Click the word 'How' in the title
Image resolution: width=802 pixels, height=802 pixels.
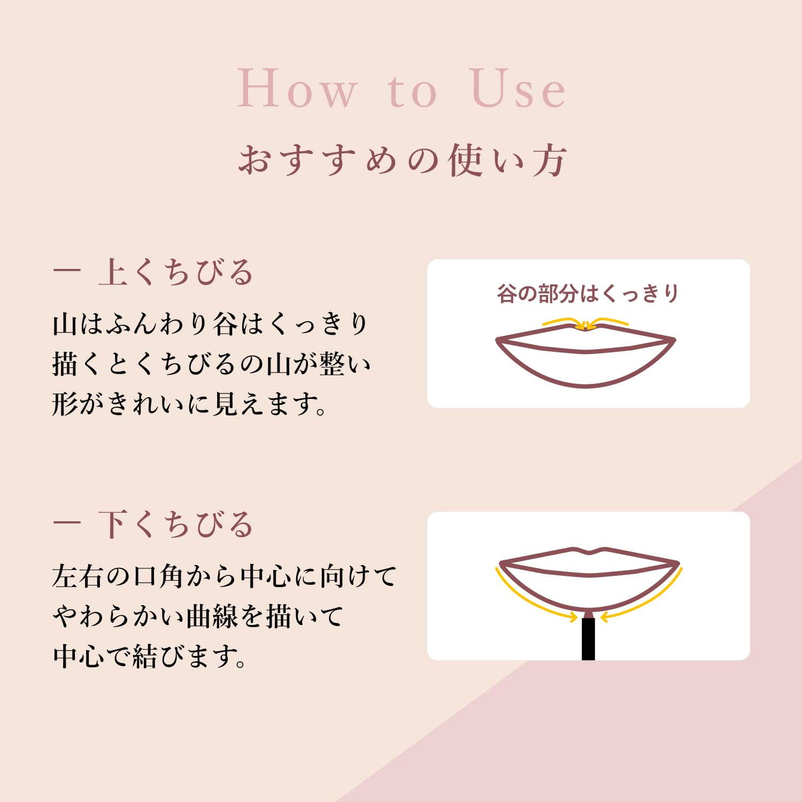(x=297, y=88)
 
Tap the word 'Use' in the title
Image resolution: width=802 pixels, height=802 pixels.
(x=518, y=88)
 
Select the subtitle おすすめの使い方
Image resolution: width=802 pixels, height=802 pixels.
(x=402, y=160)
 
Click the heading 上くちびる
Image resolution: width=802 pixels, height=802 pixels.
(x=175, y=272)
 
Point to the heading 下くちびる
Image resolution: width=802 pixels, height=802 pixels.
(x=175, y=524)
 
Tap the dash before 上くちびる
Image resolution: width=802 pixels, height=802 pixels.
(x=66, y=272)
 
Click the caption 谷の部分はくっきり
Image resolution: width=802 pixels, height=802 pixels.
(x=588, y=294)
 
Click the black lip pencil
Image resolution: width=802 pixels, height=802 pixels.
(x=588, y=636)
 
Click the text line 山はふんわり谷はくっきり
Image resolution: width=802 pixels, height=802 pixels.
(x=210, y=324)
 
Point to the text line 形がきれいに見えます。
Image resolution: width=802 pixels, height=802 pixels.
(x=190, y=404)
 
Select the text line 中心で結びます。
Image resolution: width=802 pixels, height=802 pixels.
(x=150, y=656)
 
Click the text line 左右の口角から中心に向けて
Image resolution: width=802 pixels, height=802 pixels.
(x=224, y=576)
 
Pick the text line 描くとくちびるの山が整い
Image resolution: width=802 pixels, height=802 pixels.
(x=211, y=364)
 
